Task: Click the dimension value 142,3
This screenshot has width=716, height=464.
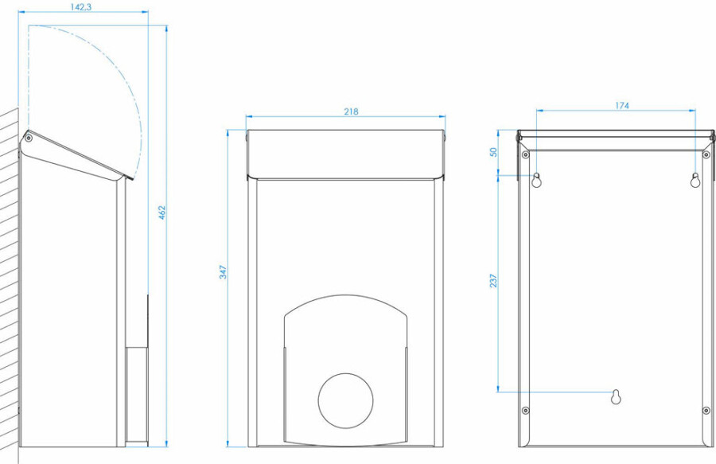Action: click(x=81, y=7)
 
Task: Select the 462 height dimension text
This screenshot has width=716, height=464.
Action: click(x=162, y=213)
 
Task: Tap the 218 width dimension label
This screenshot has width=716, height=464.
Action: click(x=351, y=111)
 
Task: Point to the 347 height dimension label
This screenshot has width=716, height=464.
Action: click(x=223, y=272)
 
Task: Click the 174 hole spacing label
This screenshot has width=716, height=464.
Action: click(x=621, y=106)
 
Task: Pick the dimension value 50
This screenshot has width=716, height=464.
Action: click(x=493, y=152)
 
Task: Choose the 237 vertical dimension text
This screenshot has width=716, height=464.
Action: click(x=493, y=280)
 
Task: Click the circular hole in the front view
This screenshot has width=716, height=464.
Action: click(x=345, y=401)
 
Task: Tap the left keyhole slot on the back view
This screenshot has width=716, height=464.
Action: click(x=536, y=180)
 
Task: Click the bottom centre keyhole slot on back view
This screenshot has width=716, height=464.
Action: click(x=616, y=397)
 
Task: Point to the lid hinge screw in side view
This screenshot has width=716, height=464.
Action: click(x=29, y=138)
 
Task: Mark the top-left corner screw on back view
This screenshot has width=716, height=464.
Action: click(x=526, y=155)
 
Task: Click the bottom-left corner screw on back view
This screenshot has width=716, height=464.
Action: click(x=526, y=411)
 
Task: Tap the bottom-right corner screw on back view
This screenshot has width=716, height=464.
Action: click(x=706, y=411)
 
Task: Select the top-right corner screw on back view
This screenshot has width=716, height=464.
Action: click(x=706, y=155)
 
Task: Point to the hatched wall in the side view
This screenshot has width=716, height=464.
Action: click(x=9, y=283)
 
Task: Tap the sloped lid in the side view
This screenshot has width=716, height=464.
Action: click(x=76, y=154)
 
